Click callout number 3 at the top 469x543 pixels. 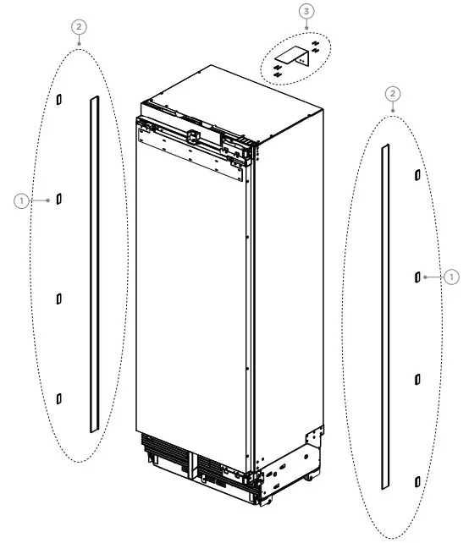[306, 11]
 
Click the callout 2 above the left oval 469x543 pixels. [78, 27]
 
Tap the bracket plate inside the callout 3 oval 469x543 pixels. [299, 58]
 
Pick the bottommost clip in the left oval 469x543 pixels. [59, 398]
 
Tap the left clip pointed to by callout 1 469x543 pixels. [58, 200]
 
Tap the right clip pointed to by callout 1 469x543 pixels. [417, 277]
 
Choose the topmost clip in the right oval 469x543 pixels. [417, 174]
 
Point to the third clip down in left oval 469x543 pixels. [58, 298]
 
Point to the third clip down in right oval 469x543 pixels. [417, 380]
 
